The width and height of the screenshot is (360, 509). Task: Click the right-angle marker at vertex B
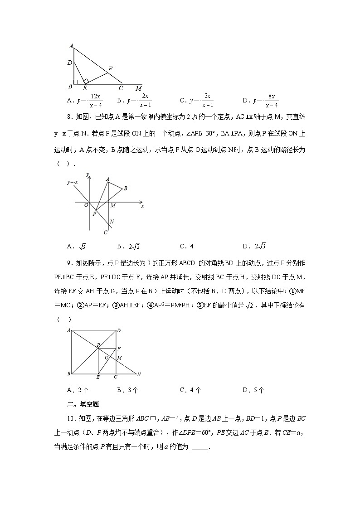[x=76, y=82]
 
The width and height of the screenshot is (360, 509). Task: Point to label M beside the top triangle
[x=138, y=88]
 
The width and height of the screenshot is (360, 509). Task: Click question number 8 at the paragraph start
[x=69, y=117]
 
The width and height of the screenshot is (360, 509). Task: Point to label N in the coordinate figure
[x=112, y=222]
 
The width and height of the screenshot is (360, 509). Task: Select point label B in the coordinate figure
[x=125, y=188]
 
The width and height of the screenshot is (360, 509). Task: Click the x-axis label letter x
[x=142, y=206]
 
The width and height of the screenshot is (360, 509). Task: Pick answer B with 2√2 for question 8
[x=125, y=247]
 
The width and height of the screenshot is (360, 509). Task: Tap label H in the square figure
[x=139, y=374]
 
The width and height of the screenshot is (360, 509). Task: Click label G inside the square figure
[x=106, y=357]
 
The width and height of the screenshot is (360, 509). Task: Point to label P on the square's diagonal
[x=97, y=345]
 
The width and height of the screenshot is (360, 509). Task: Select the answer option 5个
[x=254, y=390]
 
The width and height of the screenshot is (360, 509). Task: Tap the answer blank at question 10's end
[x=200, y=448]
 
